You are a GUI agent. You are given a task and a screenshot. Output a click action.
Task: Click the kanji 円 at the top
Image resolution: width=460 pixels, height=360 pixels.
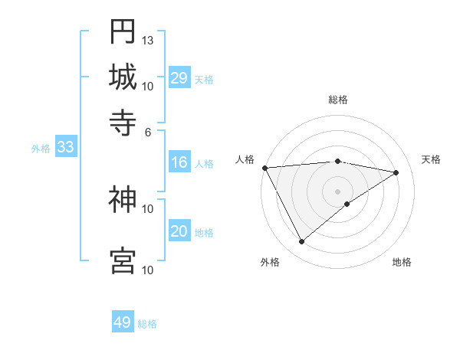point(123,31)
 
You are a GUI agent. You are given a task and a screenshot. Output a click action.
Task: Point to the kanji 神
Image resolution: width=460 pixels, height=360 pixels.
point(123,201)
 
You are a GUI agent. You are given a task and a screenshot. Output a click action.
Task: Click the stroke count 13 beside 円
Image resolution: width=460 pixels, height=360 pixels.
point(148,40)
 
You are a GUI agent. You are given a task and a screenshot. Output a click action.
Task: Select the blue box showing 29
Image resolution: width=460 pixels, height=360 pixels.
point(179,78)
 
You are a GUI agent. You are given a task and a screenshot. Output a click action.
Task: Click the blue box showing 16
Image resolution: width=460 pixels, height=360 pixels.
point(179,162)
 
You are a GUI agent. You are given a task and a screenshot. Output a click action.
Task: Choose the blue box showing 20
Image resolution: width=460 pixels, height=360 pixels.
point(179,231)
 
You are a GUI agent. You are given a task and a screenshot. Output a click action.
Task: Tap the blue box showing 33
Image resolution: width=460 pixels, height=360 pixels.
point(65,148)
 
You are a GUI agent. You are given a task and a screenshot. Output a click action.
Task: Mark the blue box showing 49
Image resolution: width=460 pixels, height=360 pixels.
point(123,322)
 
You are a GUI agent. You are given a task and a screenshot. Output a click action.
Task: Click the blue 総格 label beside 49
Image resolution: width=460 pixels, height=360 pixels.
point(148,324)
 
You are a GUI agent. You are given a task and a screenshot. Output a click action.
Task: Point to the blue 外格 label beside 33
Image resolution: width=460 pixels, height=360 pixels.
point(41,149)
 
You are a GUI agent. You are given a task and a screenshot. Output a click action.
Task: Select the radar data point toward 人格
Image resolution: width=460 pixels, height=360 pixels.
point(264,168)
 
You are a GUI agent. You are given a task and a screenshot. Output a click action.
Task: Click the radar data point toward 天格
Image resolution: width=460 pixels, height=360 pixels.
point(396,172)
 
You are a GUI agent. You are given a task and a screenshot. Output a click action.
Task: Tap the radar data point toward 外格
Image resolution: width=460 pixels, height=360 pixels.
point(301,242)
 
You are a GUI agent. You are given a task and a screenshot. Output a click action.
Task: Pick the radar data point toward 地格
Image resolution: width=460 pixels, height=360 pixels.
point(347,204)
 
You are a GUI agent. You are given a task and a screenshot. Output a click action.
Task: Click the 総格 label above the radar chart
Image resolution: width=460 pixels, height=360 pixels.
point(338,100)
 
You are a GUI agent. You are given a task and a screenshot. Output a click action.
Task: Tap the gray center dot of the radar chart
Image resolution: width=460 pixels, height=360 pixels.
point(337,191)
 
